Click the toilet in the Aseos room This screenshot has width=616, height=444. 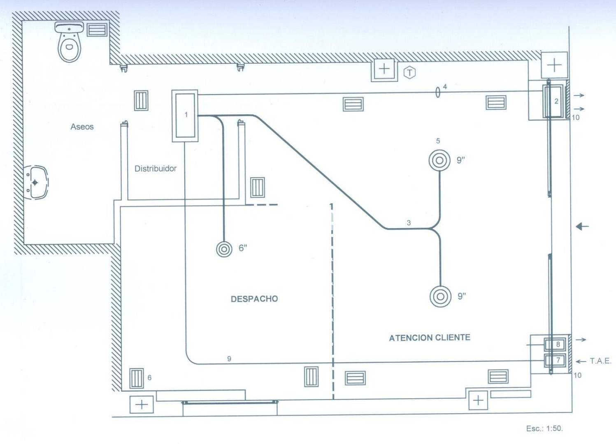click(x=69, y=43)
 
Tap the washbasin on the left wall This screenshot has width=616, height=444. click(x=35, y=183)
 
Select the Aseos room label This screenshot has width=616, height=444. click(x=82, y=127)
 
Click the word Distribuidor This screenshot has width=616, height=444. click(x=155, y=169)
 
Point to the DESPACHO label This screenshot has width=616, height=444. click(x=254, y=299)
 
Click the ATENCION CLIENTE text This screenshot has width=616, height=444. click(x=429, y=338)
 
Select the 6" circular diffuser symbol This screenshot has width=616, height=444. click(x=224, y=249)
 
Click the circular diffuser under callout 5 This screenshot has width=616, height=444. click(x=439, y=160)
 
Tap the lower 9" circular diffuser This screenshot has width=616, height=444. click(x=440, y=296)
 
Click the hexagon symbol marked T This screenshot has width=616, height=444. click(x=409, y=73)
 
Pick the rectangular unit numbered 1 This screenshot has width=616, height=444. click(x=185, y=116)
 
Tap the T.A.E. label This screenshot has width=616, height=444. click(x=600, y=361)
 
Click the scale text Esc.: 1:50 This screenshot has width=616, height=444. click(x=544, y=428)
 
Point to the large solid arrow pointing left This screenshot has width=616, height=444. click(x=582, y=226)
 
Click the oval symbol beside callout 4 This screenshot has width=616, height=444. click(x=437, y=92)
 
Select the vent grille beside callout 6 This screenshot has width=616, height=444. click(x=137, y=378)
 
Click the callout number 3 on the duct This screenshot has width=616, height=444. click(x=409, y=223)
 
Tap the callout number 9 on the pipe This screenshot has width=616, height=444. click(x=229, y=359)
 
